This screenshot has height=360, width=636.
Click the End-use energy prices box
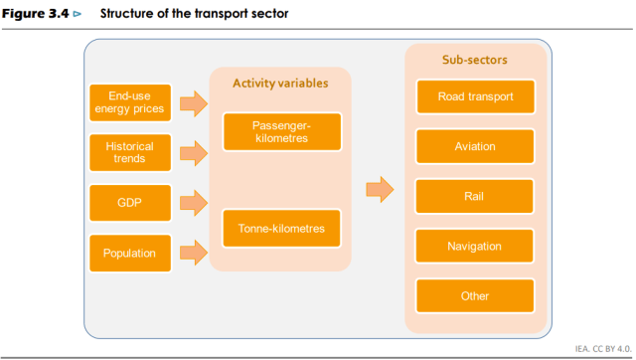click(129, 102)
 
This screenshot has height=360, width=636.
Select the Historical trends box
click(129, 152)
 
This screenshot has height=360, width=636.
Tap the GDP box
click(129, 203)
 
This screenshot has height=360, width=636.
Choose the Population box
click(129, 254)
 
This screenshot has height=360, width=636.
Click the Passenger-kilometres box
click(281, 132)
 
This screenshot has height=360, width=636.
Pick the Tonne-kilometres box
click(281, 228)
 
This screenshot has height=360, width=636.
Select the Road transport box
click(475, 96)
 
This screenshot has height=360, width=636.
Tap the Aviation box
click(475, 147)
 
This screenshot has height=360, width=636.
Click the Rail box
click(475, 197)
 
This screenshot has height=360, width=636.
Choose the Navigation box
click(475, 247)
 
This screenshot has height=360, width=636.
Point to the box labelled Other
click(475, 296)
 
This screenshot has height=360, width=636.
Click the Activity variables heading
click(280, 84)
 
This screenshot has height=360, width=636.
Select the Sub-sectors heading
click(475, 60)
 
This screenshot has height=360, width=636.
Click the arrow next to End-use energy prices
click(193, 102)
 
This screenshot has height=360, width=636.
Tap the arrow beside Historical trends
click(193, 152)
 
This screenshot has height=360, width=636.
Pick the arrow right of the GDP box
click(193, 203)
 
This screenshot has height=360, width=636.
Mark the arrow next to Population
click(193, 254)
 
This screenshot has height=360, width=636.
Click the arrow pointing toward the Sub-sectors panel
click(380, 189)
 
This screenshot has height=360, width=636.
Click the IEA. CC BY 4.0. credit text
click(602, 348)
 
